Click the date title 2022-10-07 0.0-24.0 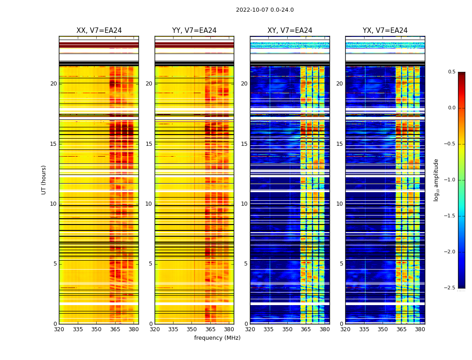point(265,10)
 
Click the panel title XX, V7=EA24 point(99,31)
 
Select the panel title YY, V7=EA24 point(194,31)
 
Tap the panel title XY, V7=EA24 point(290,31)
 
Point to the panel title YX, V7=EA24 point(385,31)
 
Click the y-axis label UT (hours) point(44,180)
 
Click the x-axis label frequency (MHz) point(217,338)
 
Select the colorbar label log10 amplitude point(436,180)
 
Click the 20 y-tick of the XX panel point(54,84)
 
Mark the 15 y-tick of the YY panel point(149,144)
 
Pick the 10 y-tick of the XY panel point(245,204)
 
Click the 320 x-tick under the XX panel point(59,329)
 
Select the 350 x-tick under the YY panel point(192,329)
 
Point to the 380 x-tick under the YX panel point(420,329)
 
